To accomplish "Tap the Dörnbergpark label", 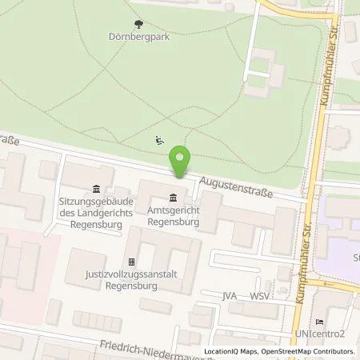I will (134, 36).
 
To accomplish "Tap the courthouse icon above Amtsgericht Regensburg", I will (174, 198).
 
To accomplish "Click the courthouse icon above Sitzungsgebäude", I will (96, 189).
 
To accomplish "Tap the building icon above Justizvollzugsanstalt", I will (132, 262).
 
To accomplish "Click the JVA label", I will (230, 296).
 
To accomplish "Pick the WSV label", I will (258, 296).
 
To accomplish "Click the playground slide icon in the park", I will (158, 141).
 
